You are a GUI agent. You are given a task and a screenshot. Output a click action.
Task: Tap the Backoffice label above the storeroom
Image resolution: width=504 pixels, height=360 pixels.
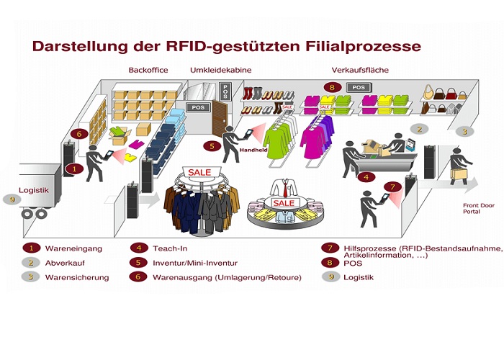tap(148, 70)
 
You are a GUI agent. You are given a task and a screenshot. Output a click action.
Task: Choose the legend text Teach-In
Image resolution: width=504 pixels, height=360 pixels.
tap(170, 248)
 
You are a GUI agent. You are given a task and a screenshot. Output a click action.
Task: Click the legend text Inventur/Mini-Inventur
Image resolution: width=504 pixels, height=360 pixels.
tap(195, 262)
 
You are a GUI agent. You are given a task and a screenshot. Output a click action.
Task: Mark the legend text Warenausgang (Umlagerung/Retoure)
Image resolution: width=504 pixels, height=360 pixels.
tap(227, 276)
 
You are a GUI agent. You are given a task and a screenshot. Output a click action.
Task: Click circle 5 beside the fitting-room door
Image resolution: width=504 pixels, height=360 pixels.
tap(211, 146)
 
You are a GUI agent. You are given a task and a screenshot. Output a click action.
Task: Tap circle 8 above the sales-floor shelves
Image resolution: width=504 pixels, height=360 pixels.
tap(331, 87)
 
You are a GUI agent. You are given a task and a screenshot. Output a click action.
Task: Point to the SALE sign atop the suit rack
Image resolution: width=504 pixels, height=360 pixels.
tap(199, 173)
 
